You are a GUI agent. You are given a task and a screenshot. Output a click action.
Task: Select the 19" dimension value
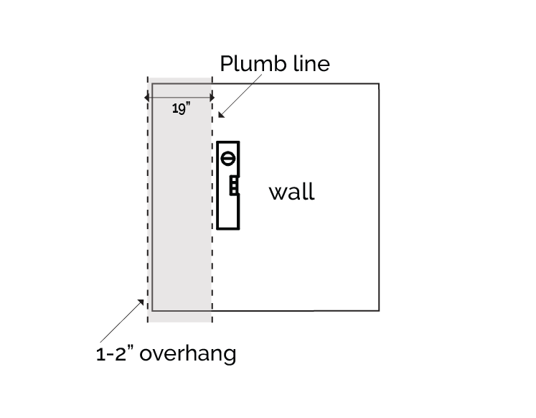click(180, 109)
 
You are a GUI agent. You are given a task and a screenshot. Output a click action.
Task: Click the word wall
click(291, 192)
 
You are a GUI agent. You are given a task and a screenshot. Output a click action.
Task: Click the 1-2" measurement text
click(119, 354)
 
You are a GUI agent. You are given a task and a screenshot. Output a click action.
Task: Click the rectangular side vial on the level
click(232, 186)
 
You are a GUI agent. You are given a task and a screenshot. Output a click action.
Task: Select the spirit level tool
click(228, 185)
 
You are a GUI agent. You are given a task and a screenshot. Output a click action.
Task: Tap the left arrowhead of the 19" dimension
click(147, 97)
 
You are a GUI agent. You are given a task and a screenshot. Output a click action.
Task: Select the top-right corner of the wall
click(378, 84)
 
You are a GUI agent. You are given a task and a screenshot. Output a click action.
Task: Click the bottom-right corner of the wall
click(378, 310)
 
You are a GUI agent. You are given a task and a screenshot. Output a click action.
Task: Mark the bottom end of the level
click(228, 228)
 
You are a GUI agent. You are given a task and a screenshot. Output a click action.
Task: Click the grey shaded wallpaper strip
click(180, 215)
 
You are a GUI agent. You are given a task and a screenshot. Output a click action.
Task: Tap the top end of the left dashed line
click(148, 77)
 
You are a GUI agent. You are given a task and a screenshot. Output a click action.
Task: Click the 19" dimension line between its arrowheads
click(179, 97)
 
